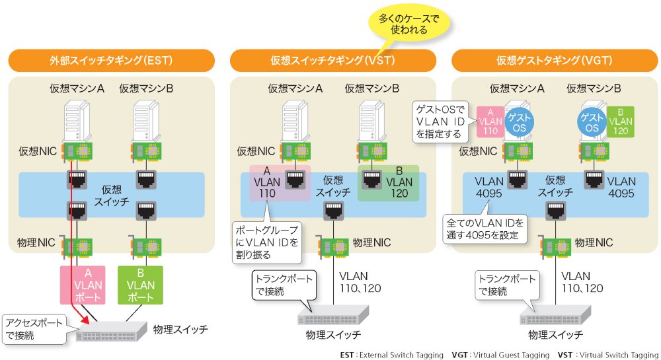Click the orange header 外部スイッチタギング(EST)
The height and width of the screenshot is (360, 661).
(x=111, y=61)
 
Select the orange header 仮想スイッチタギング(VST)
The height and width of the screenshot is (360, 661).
(x=332, y=61)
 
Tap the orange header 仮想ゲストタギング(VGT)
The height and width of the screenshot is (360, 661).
(x=554, y=61)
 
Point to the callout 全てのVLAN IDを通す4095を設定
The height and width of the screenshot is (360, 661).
(x=486, y=229)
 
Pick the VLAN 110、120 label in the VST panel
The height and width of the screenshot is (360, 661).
(x=360, y=282)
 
